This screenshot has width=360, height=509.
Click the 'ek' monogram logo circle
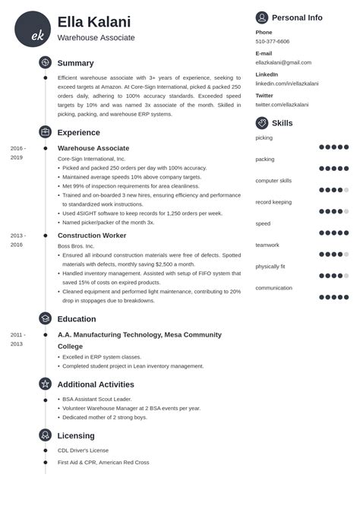pos(33,29)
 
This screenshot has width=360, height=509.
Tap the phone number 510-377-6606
pos(272,42)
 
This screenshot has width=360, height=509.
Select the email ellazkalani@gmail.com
pos(283,62)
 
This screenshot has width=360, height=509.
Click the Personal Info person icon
pos(262,17)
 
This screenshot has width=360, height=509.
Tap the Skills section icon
pos(262,123)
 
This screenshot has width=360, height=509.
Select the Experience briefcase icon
pos(46,132)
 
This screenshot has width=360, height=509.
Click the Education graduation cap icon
pos(46,318)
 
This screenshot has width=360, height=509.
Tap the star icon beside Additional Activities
pos(46,384)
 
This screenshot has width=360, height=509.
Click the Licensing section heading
pos(76,435)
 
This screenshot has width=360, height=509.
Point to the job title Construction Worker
pos(92,236)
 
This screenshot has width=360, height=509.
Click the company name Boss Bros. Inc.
pos(76,246)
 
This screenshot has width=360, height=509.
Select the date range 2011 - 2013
pos(18,339)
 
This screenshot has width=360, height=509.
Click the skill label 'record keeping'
pos(273,202)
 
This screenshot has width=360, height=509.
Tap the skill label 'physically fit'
pos(271,267)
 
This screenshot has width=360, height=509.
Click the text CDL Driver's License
pos(84,450)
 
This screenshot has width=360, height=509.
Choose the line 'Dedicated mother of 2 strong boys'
pos(106,418)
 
